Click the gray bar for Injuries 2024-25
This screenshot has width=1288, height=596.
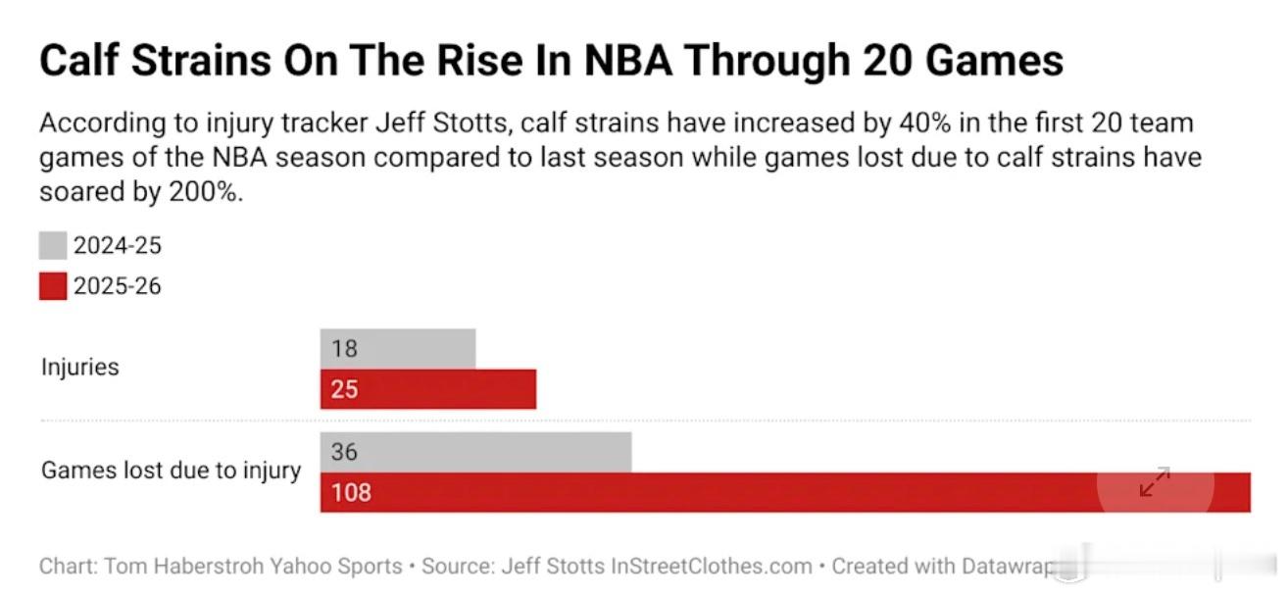pyautogui.click(x=412, y=348)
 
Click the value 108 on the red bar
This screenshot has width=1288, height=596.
pyautogui.click(x=351, y=492)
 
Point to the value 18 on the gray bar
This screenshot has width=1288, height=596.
pyautogui.click(x=344, y=349)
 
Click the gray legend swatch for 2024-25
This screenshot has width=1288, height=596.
pyautogui.click(x=53, y=245)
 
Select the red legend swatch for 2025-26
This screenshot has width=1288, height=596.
pyautogui.click(x=53, y=286)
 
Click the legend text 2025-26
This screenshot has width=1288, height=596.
pyautogui.click(x=117, y=286)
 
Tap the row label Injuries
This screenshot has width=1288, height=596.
pyautogui.click(x=79, y=368)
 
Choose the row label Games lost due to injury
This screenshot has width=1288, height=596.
pyautogui.click(x=171, y=471)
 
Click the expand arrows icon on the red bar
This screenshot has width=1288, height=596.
pyautogui.click(x=1155, y=481)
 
